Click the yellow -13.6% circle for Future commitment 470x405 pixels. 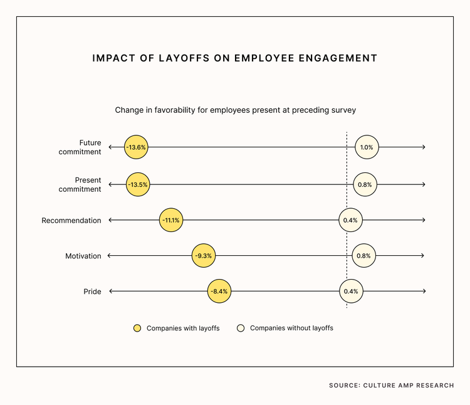pyautogui.click(x=136, y=147)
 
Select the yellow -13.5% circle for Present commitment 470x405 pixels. pyautogui.click(x=138, y=185)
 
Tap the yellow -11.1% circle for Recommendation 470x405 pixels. pyautogui.click(x=171, y=221)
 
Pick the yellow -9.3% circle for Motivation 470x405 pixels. pyautogui.click(x=204, y=256)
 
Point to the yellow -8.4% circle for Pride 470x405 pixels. pyautogui.click(x=219, y=292)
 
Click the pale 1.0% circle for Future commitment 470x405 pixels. pyautogui.click(x=366, y=147)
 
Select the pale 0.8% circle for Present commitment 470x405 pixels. pyautogui.click(x=364, y=185)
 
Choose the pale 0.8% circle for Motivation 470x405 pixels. pyautogui.click(x=363, y=256)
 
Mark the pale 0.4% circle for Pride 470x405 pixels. pyautogui.click(x=351, y=292)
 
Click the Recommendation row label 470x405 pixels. pyautogui.click(x=71, y=221)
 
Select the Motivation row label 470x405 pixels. pyautogui.click(x=83, y=256)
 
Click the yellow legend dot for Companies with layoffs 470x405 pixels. pyautogui.click(x=137, y=328)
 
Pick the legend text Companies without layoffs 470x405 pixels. pyautogui.click(x=291, y=328)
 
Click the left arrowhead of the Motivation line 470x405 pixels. pyautogui.click(x=110, y=256)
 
